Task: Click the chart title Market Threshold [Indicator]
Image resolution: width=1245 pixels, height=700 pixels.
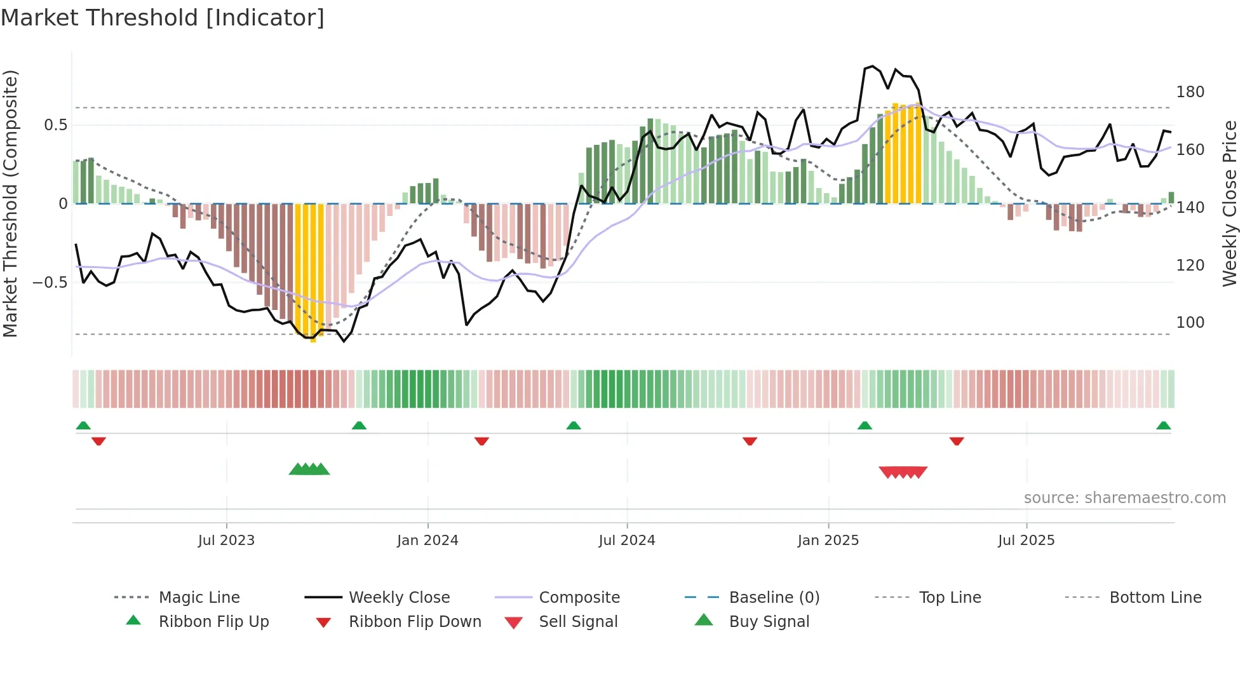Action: click(x=163, y=18)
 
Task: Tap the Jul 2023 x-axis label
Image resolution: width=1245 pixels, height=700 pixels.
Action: click(x=226, y=541)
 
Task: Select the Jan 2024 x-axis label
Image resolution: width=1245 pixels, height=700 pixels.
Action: click(x=427, y=541)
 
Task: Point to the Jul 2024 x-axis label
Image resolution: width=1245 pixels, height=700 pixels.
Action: click(x=627, y=541)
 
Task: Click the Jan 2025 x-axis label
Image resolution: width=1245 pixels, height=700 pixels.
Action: click(x=828, y=541)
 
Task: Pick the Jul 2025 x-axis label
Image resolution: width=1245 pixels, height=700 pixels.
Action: click(x=1026, y=541)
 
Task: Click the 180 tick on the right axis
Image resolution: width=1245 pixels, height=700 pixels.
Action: click(x=1190, y=92)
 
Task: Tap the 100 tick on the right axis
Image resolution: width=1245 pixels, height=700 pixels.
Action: click(x=1190, y=323)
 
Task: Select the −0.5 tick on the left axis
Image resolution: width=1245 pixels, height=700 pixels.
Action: click(x=50, y=282)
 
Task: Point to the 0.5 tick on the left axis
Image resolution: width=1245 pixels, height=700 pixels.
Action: click(x=55, y=125)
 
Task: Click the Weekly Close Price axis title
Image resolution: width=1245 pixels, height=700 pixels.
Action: click(x=1230, y=203)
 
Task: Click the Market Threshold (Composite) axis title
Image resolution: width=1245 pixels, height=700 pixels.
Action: click(x=10, y=203)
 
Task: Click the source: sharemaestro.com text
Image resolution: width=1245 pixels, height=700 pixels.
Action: click(x=1124, y=498)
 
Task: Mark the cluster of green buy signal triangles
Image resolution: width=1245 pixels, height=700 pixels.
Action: click(x=309, y=469)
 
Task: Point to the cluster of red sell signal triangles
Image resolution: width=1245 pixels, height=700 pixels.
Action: click(x=903, y=472)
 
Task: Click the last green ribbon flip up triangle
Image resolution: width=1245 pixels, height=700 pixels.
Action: click(x=1163, y=426)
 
